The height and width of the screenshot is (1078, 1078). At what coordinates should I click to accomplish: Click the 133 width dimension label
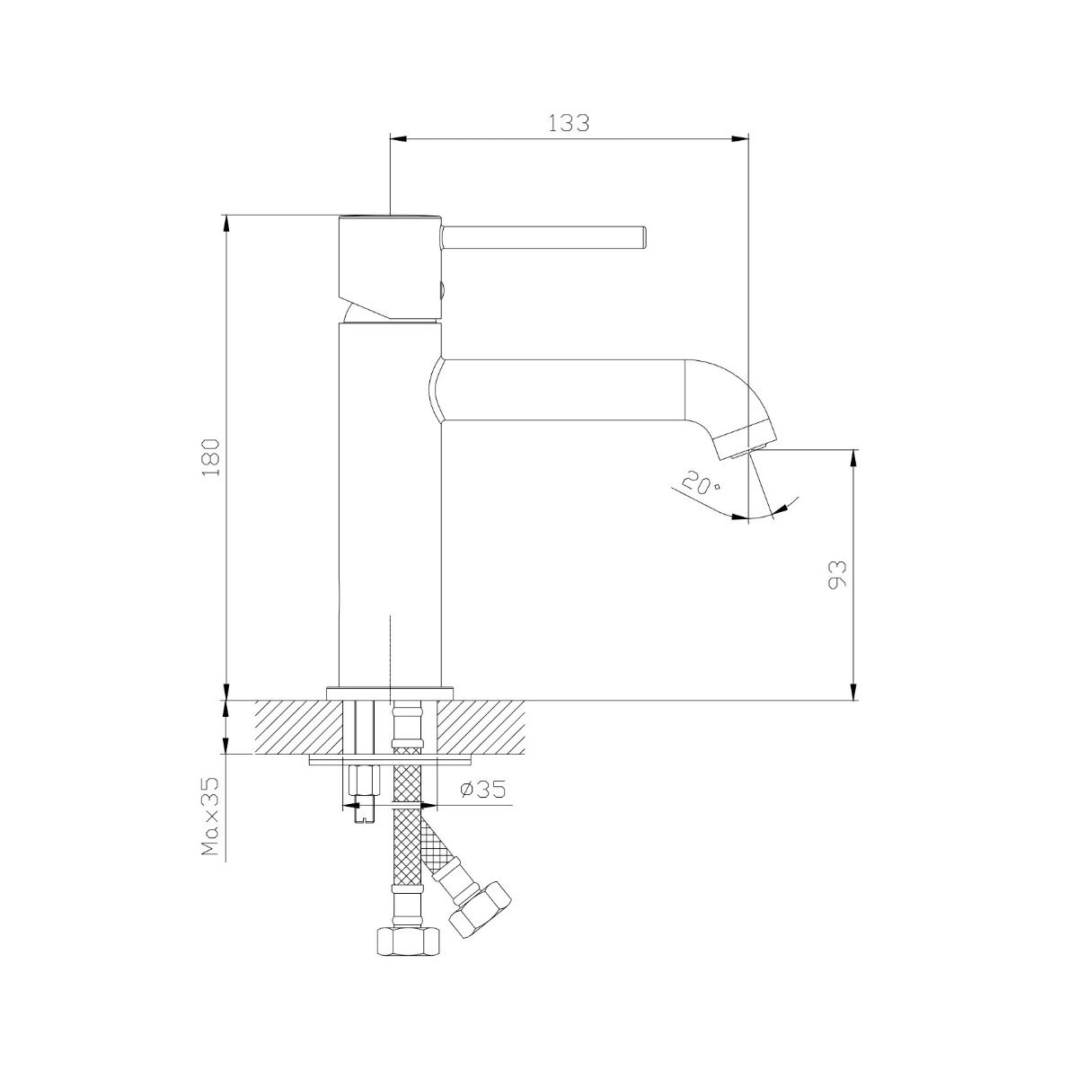click(569, 123)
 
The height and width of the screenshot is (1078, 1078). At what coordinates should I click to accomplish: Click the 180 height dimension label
click(211, 457)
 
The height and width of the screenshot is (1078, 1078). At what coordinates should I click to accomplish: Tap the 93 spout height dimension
click(838, 574)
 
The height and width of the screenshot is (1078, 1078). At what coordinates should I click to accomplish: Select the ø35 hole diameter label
click(483, 790)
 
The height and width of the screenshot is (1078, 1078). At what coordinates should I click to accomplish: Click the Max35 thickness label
click(211, 816)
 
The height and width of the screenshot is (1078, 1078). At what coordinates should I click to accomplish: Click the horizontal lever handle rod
click(543, 236)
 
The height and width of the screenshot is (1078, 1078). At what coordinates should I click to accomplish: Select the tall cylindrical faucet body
click(390, 503)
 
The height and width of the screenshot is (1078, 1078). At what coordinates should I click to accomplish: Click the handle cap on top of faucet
click(389, 265)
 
